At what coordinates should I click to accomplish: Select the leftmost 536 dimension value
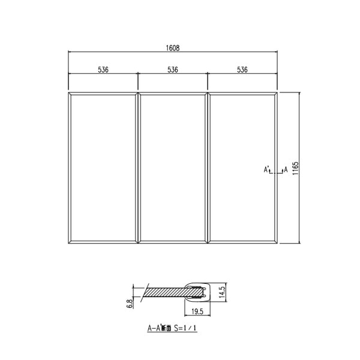tap(103, 70)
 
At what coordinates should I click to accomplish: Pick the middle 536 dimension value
tap(173, 70)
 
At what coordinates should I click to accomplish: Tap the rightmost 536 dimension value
tap(242, 70)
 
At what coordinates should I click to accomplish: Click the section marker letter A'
tap(265, 170)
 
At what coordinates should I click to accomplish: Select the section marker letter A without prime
tap(286, 170)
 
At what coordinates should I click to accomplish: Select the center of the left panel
tap(103, 167)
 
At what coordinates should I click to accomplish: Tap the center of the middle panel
tap(173, 167)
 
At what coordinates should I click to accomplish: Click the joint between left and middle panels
tap(138, 167)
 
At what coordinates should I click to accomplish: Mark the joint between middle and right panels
tap(208, 167)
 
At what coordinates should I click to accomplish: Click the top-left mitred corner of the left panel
tap(70, 95)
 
